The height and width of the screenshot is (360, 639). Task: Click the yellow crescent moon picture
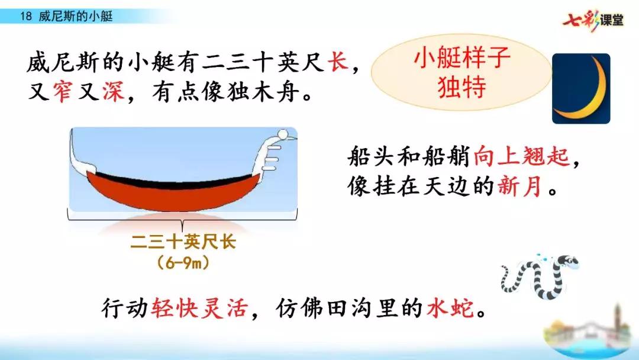point(581,89)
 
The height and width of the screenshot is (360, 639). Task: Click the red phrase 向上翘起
point(521,157)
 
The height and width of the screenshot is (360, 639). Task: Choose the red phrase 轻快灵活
point(198,308)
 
